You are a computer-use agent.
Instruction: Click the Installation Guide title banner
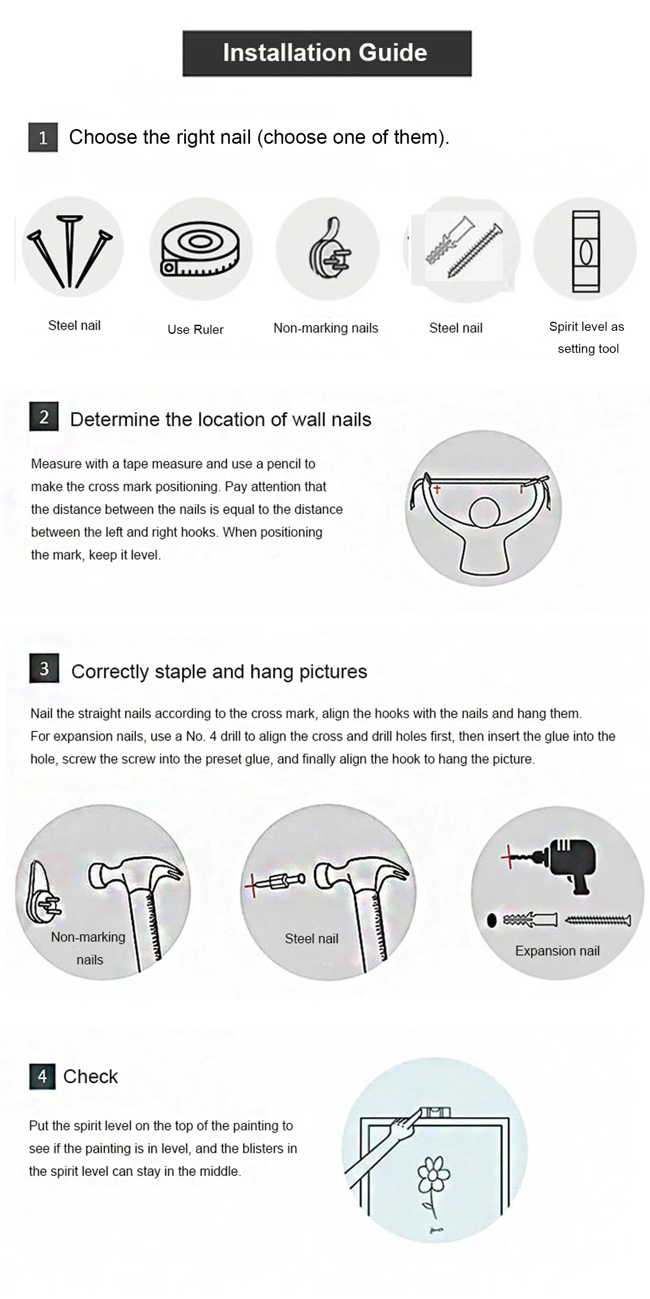click(327, 53)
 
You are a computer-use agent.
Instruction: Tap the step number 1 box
click(43, 137)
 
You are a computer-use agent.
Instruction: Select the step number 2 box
click(44, 417)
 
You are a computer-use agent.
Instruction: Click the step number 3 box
click(44, 668)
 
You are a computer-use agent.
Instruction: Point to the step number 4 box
click(42, 1076)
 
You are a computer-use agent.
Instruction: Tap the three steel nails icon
click(70, 251)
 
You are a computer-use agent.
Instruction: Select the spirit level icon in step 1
click(586, 252)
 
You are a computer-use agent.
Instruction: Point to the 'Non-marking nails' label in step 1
click(325, 328)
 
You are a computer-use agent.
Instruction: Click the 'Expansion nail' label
click(557, 950)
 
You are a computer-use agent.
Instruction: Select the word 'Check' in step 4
click(90, 1076)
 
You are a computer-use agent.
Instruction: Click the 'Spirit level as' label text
click(586, 327)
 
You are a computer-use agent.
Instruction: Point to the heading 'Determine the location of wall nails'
click(221, 420)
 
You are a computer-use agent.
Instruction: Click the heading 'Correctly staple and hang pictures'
click(219, 672)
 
